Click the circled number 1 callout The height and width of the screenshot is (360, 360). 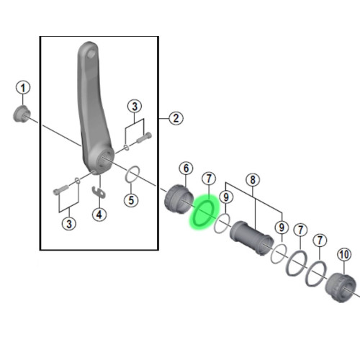[x=23, y=88]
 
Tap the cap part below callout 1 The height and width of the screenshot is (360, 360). [x=22, y=114]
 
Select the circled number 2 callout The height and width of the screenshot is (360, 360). [x=176, y=118]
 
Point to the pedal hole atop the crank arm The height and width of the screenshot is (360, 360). [x=91, y=53]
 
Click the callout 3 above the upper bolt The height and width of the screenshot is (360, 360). [x=135, y=107]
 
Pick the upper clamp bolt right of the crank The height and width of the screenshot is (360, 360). [x=144, y=138]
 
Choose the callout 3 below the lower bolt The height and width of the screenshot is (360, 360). [x=69, y=224]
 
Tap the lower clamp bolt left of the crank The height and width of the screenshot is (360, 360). [x=61, y=190]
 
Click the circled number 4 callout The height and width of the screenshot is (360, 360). [x=99, y=215]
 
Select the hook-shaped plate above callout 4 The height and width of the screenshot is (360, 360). [x=99, y=192]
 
